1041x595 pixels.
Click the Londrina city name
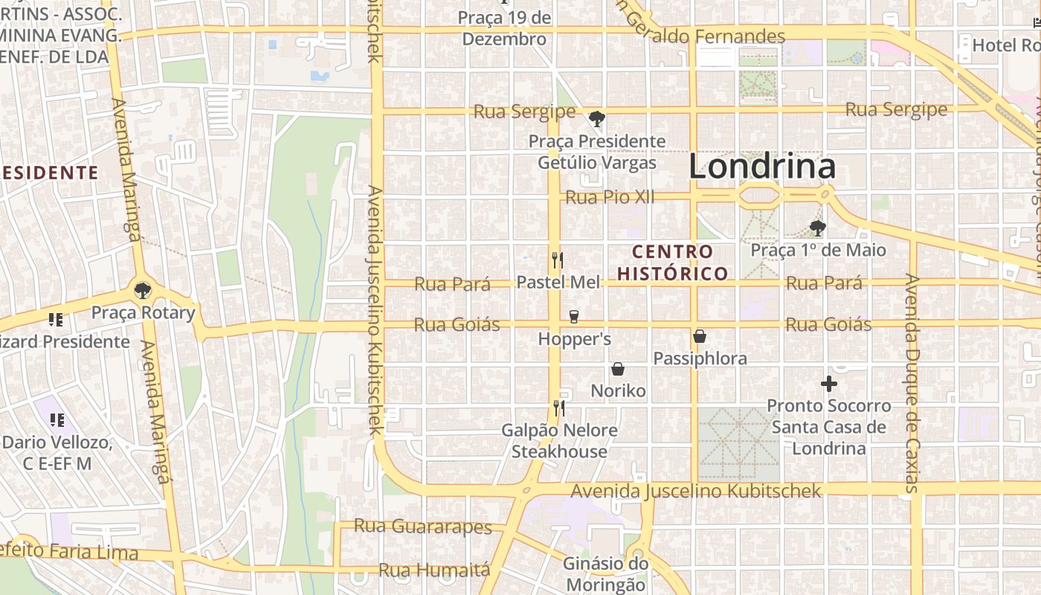(762, 167)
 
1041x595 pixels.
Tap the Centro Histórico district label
(673, 263)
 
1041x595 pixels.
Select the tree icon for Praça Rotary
(143, 290)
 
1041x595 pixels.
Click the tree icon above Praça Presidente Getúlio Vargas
(596, 119)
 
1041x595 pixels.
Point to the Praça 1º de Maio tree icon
(818, 228)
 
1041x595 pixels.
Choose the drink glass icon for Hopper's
(573, 317)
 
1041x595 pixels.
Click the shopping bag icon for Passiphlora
(699, 336)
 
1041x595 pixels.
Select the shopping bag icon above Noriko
(617, 369)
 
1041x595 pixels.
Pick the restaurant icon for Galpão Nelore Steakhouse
(558, 408)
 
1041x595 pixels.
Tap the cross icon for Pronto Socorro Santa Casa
(829, 384)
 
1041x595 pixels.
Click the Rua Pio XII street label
(610, 197)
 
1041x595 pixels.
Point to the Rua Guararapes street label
(422, 527)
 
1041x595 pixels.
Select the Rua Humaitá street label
(434, 570)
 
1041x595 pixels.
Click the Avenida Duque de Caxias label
(912, 383)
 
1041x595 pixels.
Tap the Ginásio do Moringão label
(605, 574)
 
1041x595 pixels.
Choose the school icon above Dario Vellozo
(57, 420)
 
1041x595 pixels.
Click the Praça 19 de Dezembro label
(505, 28)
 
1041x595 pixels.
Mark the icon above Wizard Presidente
(55, 320)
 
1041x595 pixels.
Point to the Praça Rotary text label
(143, 312)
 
